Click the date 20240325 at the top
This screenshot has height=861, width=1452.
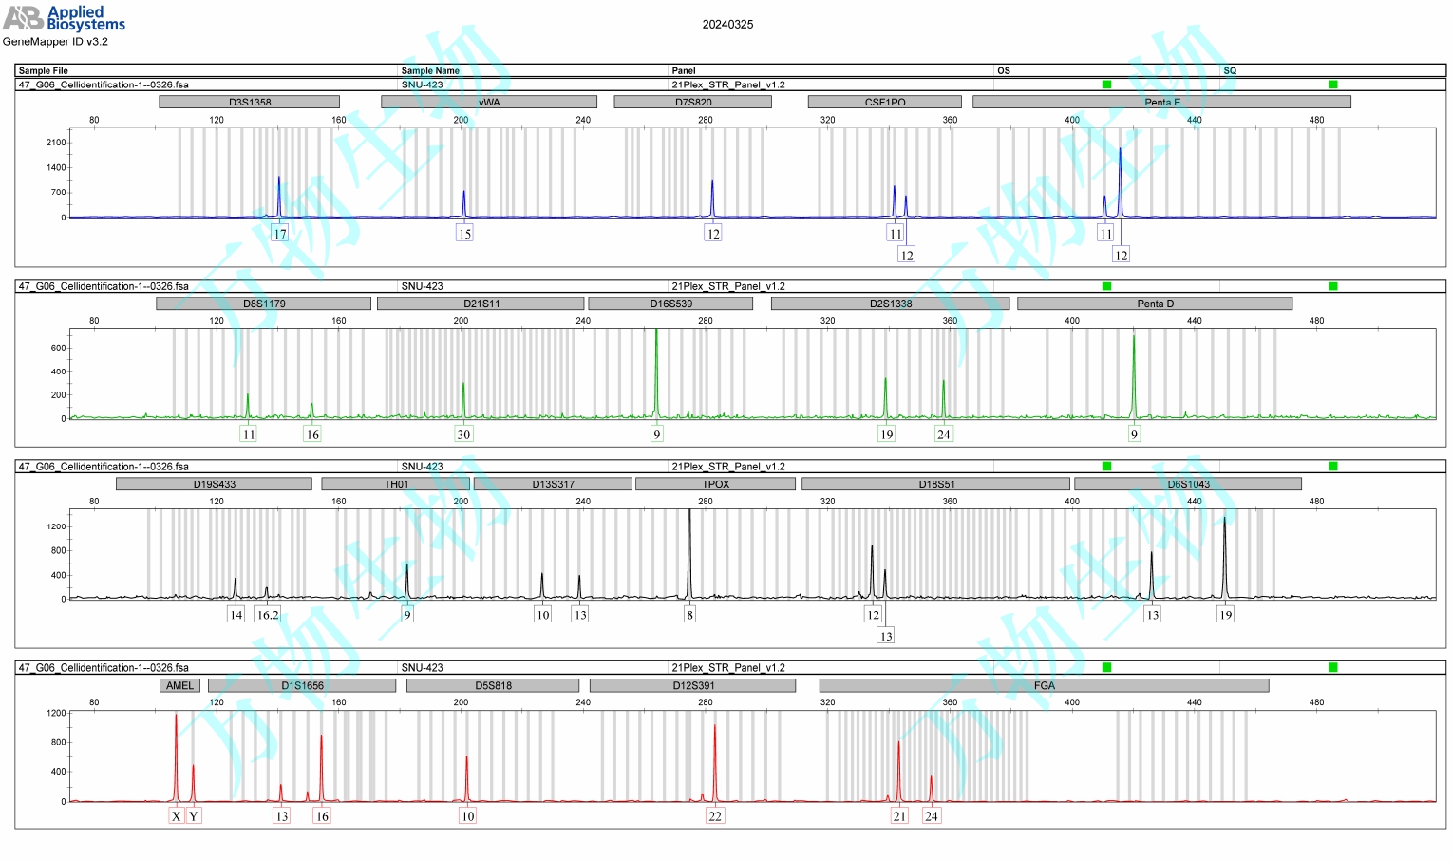point(727,25)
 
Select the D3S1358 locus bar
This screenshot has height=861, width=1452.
point(249,102)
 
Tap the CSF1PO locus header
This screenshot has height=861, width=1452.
point(884,102)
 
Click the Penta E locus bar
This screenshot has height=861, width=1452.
point(1161,102)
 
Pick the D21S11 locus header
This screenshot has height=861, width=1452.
point(481,303)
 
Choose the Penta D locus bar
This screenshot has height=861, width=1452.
point(1155,303)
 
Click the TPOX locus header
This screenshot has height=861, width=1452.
point(715,484)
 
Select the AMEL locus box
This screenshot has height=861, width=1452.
point(179,685)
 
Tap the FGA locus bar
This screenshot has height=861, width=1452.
point(1044,685)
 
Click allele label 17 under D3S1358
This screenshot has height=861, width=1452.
point(279,234)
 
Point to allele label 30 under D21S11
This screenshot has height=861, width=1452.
point(463,434)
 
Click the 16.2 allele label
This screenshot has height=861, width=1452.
point(268,615)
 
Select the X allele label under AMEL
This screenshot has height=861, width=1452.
point(176,816)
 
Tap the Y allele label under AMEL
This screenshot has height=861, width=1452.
point(194,816)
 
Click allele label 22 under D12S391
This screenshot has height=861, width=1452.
point(715,816)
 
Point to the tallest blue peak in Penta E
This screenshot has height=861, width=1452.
point(1121,152)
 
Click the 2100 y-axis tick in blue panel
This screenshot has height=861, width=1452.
point(56,143)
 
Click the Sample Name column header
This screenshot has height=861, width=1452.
point(430,70)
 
